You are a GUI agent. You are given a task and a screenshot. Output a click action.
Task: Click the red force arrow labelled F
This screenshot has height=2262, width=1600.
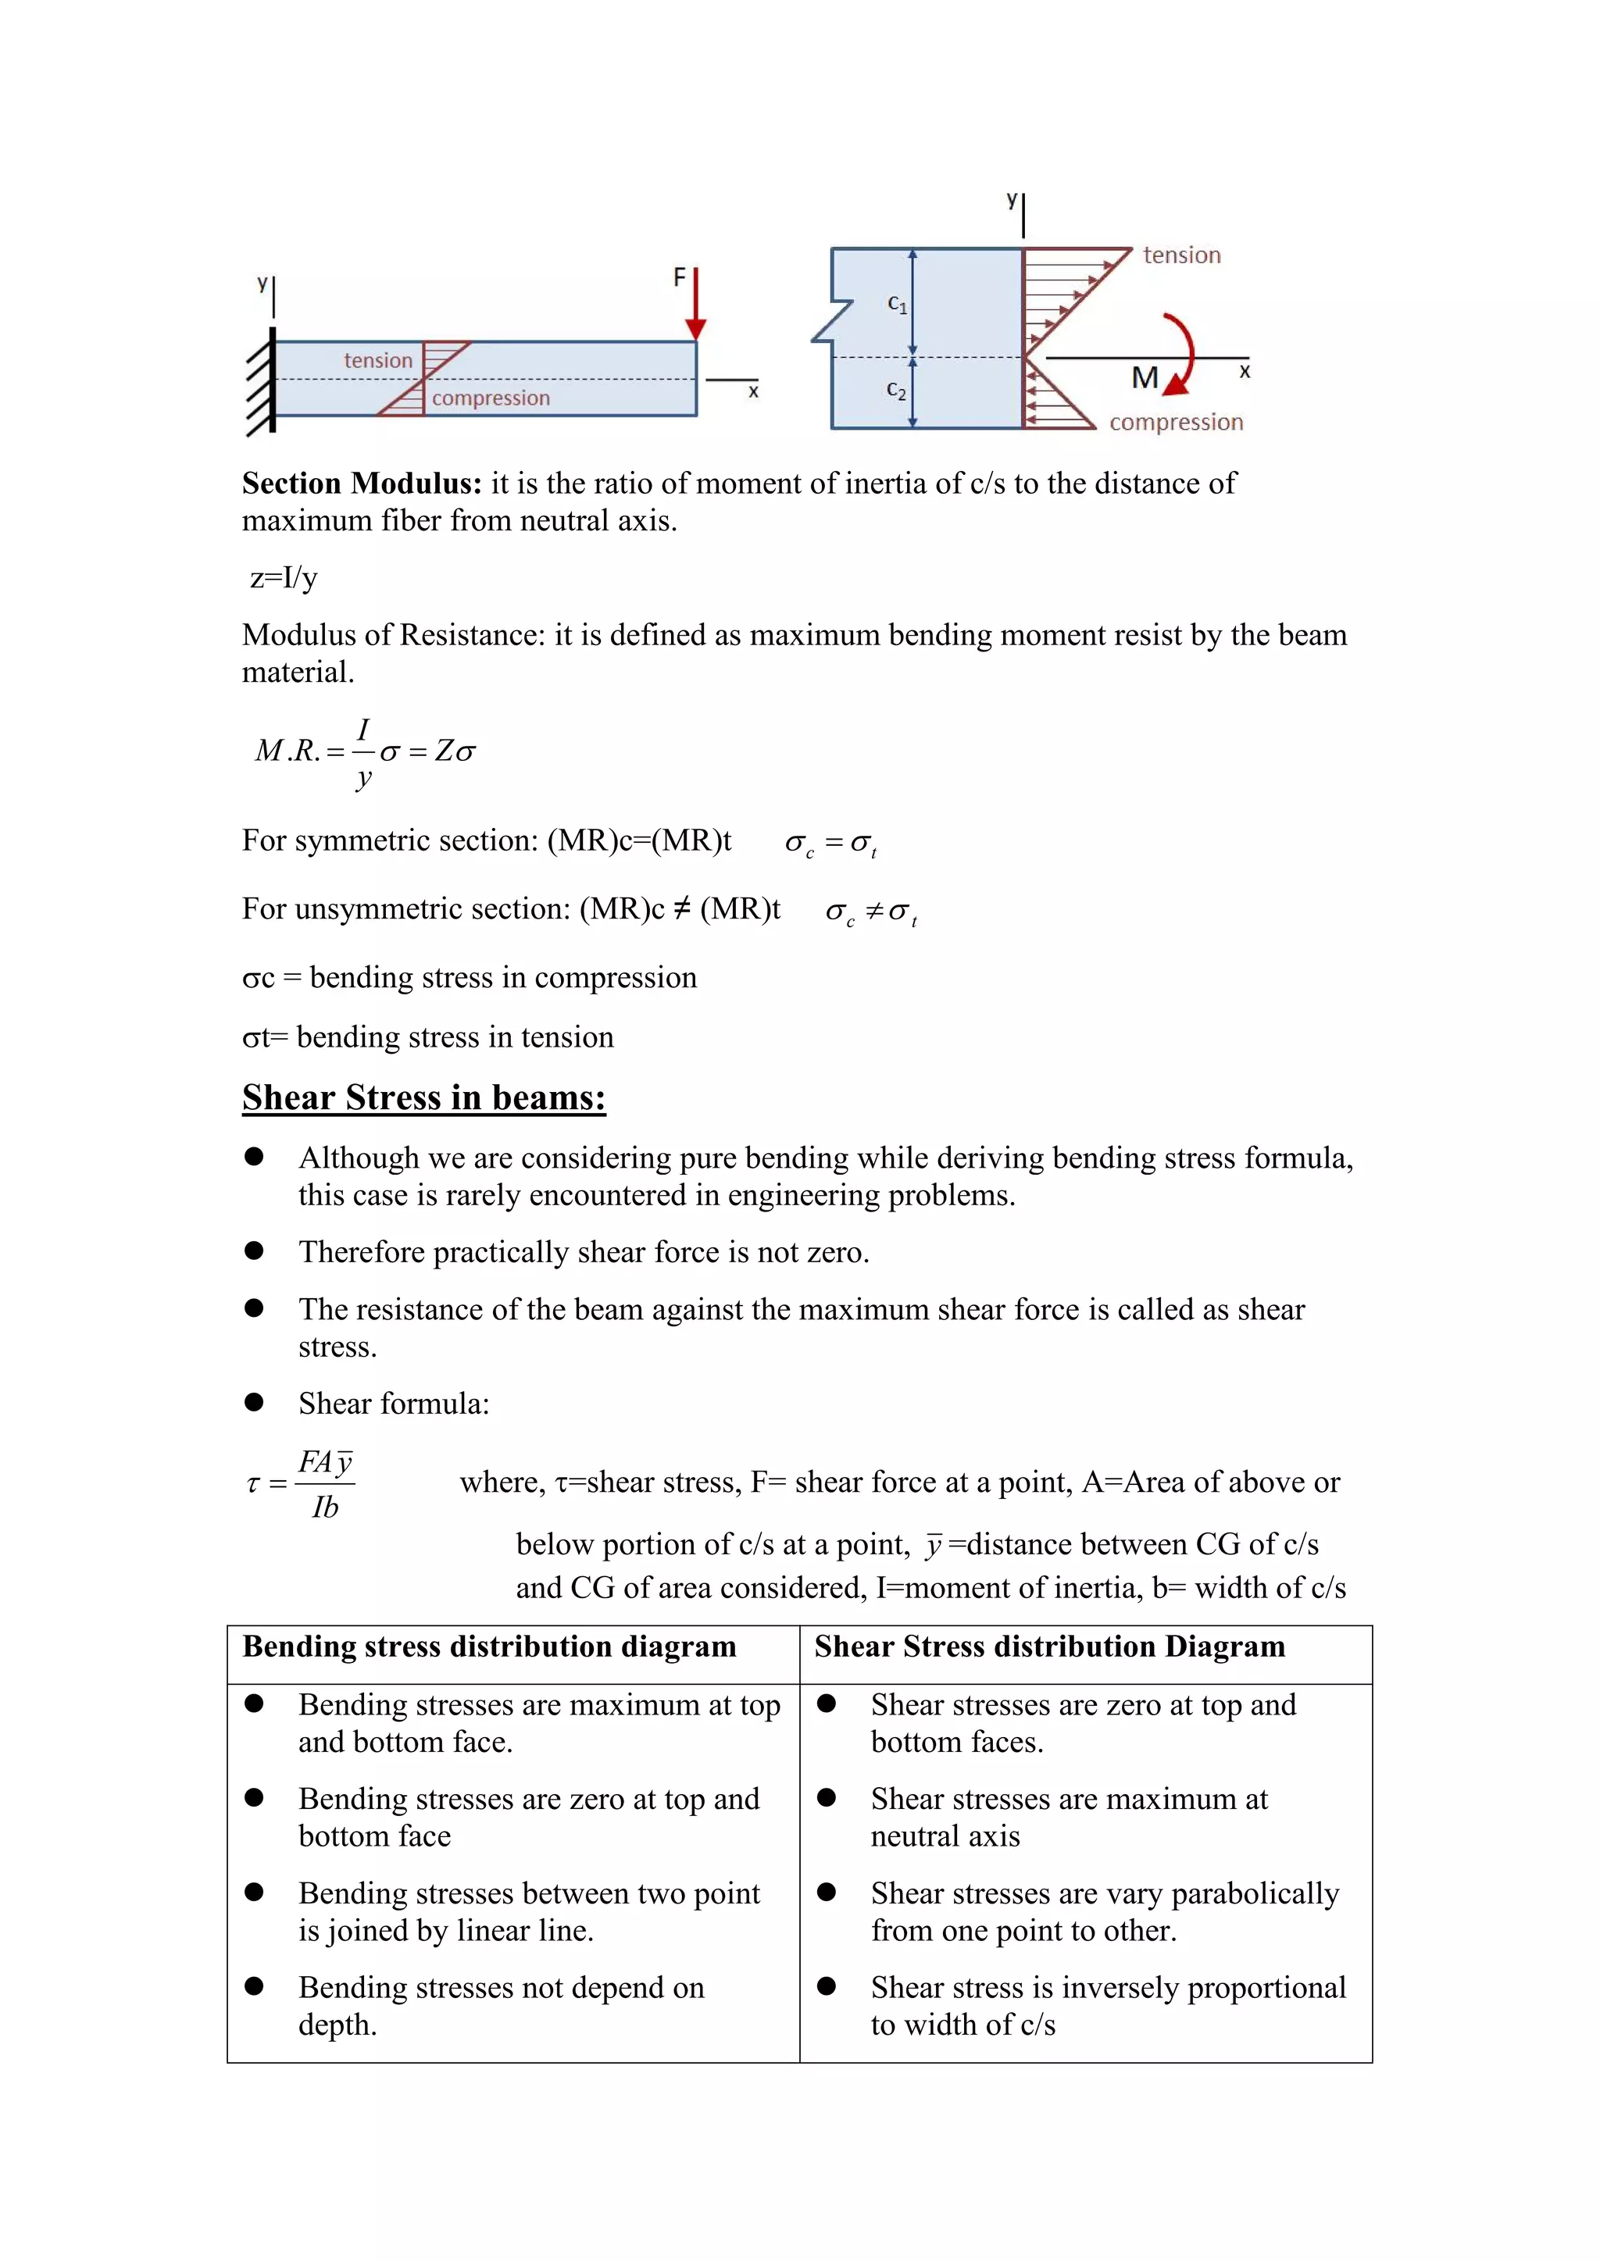pyautogui.click(x=695, y=305)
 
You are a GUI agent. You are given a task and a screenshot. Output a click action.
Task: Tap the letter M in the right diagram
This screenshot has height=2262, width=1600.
pyautogui.click(x=1144, y=378)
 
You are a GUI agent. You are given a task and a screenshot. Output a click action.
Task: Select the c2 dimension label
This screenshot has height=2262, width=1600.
pyautogui.click(x=895, y=390)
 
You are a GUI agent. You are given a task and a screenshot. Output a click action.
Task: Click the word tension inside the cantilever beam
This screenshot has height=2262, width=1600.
pyautogui.click(x=378, y=361)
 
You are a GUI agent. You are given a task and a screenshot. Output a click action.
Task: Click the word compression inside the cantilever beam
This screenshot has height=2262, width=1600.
pyautogui.click(x=491, y=398)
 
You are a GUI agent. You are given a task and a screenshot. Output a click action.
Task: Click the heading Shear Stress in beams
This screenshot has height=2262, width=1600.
pyautogui.click(x=423, y=1097)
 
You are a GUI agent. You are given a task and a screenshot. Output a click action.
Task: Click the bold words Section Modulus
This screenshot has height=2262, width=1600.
pyautogui.click(x=362, y=483)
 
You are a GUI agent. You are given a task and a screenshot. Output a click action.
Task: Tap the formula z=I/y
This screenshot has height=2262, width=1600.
pyautogui.click(x=284, y=577)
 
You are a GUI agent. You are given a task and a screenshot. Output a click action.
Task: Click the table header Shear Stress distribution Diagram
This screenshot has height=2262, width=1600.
pyautogui.click(x=1049, y=1647)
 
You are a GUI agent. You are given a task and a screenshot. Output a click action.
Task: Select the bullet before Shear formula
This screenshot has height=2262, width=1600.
pyautogui.click(x=254, y=1403)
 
